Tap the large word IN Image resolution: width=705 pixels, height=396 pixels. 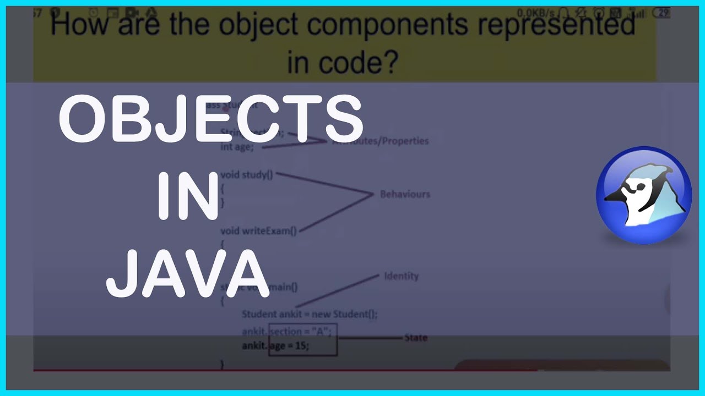pyautogui.click(x=188, y=196)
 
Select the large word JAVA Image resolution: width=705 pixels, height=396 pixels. pyautogui.click(x=187, y=274)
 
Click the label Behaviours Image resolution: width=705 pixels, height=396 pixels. pyautogui.click(x=405, y=194)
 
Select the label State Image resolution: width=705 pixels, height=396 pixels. pyautogui.click(x=415, y=337)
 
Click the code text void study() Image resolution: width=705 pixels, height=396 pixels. pyautogui.click(x=246, y=175)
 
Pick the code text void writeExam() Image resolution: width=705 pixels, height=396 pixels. pyautogui.click(x=258, y=231)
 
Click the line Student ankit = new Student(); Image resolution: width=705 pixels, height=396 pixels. pyautogui.click(x=310, y=314)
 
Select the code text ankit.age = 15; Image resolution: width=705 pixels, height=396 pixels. pyautogui.click(x=275, y=346)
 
